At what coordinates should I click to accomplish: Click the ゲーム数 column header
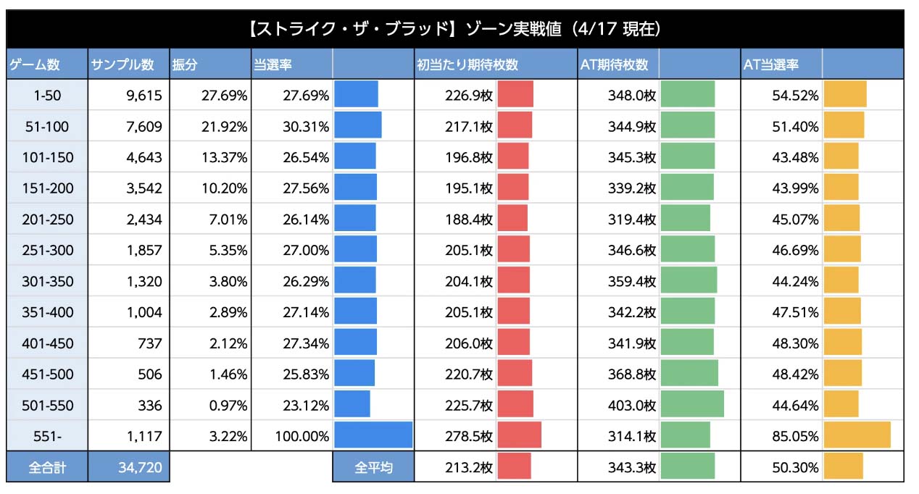[34, 64]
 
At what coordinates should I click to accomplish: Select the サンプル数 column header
[122, 64]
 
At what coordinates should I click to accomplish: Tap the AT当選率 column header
[770, 64]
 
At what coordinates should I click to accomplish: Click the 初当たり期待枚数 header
[467, 64]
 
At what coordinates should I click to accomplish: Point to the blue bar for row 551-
[373, 435]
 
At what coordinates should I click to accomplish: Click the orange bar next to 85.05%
[857, 435]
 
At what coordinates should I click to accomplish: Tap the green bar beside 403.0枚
[692, 404]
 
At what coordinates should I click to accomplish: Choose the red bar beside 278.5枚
[519, 435]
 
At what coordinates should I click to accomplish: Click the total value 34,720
[141, 468]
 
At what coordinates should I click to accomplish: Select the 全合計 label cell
[47, 468]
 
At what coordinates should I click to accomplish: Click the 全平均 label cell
[373, 468]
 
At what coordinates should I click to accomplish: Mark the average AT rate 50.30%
[796, 468]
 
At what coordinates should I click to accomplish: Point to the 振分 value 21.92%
[225, 127]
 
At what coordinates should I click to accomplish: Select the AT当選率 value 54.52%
[796, 96]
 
